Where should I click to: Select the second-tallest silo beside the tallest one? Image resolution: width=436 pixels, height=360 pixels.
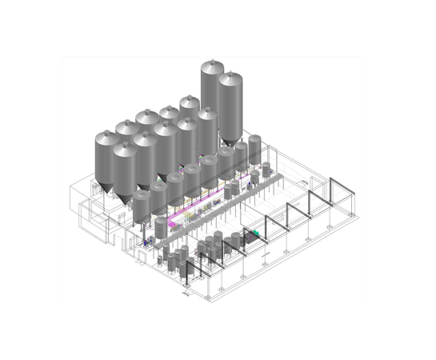click(230, 104)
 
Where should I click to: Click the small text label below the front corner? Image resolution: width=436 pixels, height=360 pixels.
click(186, 294)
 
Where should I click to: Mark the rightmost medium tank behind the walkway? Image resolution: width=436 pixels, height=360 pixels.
click(254, 149)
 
